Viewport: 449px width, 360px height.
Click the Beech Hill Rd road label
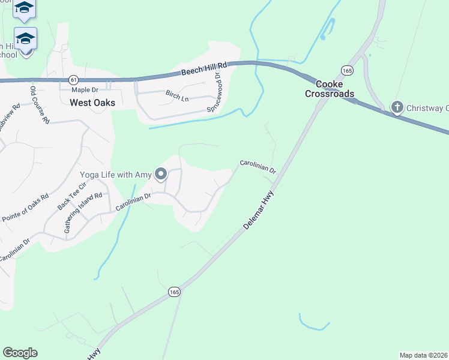[205, 68]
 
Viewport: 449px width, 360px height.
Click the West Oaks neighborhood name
[92, 103]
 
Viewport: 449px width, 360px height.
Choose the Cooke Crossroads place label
[330, 89]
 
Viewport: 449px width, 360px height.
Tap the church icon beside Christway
[397, 107]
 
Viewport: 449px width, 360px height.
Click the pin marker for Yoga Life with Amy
[161, 174]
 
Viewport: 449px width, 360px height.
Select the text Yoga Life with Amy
[116, 175]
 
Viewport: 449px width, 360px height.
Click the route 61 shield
[73, 79]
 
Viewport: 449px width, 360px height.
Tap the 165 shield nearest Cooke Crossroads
[347, 70]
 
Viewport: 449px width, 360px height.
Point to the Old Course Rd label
[40, 104]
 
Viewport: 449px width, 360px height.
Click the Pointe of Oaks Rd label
[25, 208]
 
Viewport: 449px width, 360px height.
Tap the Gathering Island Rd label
[83, 212]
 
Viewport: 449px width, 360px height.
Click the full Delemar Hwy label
[259, 209]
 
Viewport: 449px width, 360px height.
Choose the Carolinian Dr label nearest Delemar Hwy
[258, 166]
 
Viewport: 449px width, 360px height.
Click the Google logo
[20, 352]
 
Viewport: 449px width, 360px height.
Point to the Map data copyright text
[423, 355]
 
